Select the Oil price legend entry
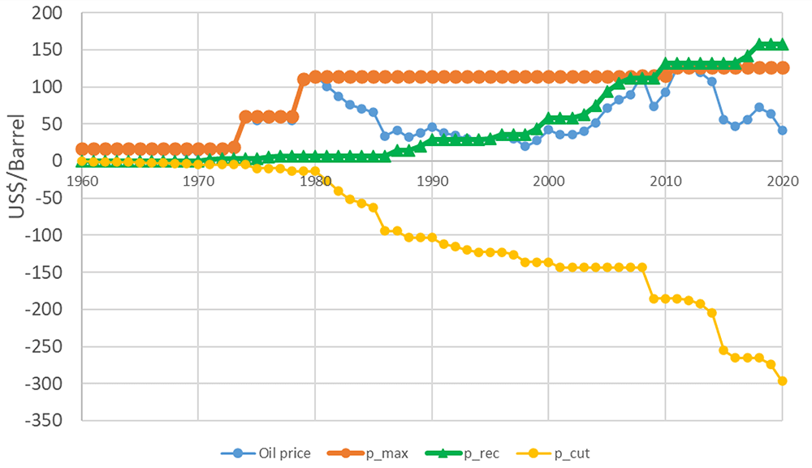pos(266,453)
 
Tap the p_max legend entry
pos(368,453)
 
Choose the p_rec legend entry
pos(463,453)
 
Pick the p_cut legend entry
pos(554,453)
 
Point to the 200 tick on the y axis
pos(46,13)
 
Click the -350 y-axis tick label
pos(44,420)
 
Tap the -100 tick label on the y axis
pos(44,234)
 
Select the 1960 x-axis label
pos(82,181)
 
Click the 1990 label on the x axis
pos(433,181)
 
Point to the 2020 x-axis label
pos(783,181)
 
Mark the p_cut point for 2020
pos(783,381)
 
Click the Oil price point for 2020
pos(783,131)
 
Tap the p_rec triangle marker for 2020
pos(783,45)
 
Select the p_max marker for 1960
pos(82,149)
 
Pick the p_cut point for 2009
pos(654,298)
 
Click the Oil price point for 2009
pos(654,106)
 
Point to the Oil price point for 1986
pos(385,136)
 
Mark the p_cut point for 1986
pos(385,230)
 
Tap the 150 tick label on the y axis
pos(46,49)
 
